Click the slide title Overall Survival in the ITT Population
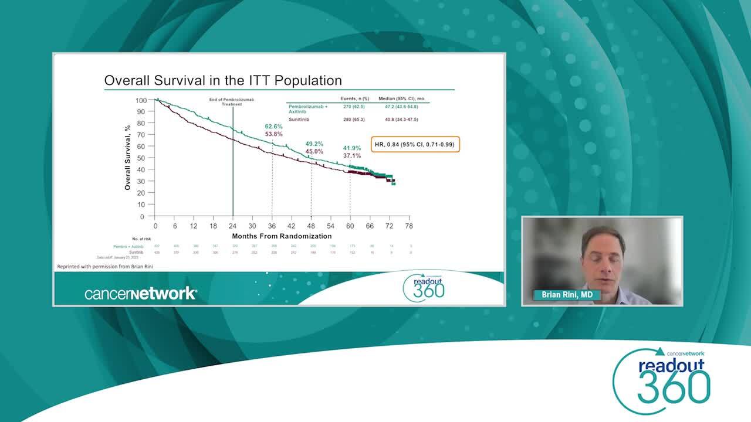click(223, 80)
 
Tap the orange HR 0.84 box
click(415, 144)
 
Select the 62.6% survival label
click(273, 127)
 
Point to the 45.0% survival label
click(314, 151)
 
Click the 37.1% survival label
click(352, 156)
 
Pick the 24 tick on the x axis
click(233, 226)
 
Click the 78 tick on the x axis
click(408, 226)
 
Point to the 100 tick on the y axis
click(141, 100)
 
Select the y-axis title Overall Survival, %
click(127, 157)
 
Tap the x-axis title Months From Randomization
click(282, 236)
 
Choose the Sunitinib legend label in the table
click(299, 120)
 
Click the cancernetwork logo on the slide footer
click(140, 294)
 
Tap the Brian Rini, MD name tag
click(566, 295)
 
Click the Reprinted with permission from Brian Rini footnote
click(105, 267)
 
